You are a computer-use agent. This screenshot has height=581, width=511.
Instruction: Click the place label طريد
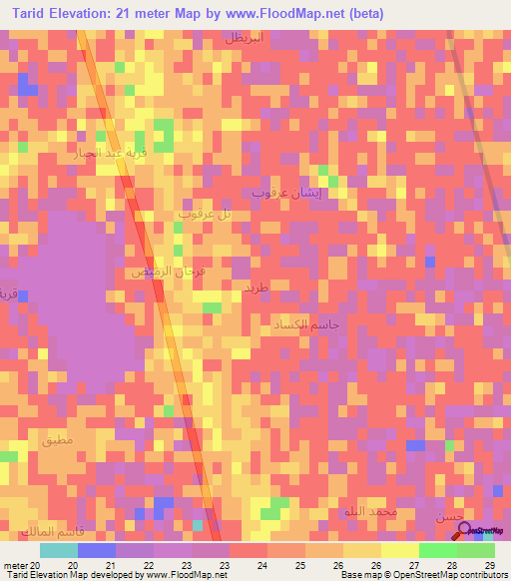256,287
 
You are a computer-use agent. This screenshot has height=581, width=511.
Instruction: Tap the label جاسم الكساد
306,324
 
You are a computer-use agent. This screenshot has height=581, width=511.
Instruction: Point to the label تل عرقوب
206,214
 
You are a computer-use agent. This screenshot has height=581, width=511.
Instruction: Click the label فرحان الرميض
155,271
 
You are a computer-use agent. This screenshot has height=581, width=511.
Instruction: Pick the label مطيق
57,439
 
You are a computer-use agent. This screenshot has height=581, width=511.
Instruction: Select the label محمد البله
369,512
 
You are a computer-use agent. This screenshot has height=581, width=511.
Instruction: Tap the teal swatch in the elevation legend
58,550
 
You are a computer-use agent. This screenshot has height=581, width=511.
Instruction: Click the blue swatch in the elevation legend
96,550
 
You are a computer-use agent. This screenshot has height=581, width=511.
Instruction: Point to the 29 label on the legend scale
488,564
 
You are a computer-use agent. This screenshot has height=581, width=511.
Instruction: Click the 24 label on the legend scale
261,564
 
